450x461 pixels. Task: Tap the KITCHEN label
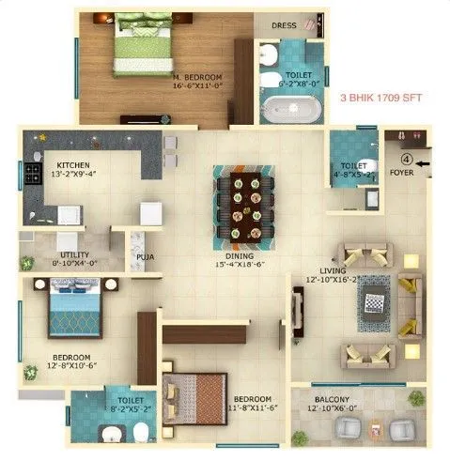(x=72, y=162)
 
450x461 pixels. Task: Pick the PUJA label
(x=145, y=254)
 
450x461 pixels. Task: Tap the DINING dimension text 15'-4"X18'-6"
(x=244, y=265)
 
